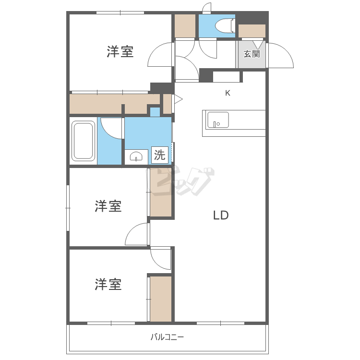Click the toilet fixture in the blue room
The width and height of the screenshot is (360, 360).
(x=225, y=26)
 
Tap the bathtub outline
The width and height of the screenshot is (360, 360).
(x=83, y=141)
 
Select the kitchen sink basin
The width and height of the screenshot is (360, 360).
(x=218, y=120)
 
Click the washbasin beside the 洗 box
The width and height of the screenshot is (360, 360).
(x=136, y=157)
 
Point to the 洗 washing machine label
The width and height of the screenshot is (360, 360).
(x=159, y=155)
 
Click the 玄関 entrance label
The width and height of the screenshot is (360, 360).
(x=252, y=54)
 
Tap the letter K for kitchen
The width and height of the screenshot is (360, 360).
(x=228, y=93)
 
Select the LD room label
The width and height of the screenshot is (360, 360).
(x=221, y=215)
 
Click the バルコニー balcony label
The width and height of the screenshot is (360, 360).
(x=167, y=337)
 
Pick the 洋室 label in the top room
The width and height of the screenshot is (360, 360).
(x=120, y=51)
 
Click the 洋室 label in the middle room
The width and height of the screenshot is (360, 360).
(x=108, y=206)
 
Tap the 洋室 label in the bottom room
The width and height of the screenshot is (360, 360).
(x=108, y=284)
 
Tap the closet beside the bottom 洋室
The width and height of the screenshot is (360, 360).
(x=161, y=299)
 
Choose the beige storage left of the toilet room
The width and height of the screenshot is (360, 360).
(x=185, y=26)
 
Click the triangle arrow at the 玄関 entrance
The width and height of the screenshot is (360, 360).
(x=258, y=45)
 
